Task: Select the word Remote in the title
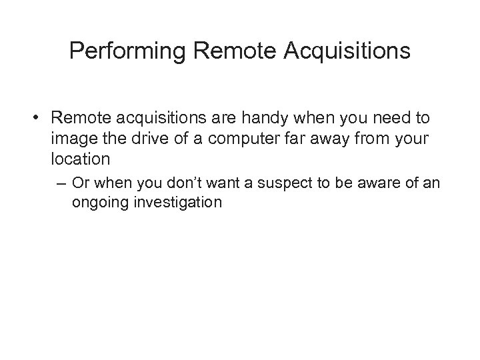click(221, 51)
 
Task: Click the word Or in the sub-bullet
click(81, 183)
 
